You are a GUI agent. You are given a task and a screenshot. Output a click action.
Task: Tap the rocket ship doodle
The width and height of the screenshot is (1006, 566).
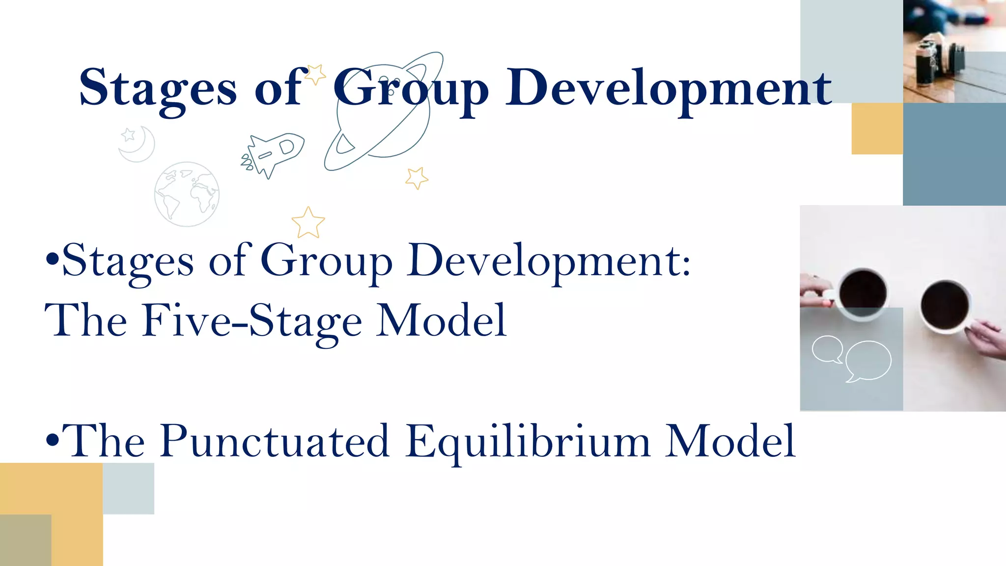(273, 152)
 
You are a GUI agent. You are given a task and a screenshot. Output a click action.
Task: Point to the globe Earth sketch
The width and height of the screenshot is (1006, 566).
(187, 194)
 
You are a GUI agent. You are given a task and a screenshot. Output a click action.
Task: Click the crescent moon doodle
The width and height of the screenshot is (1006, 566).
(138, 144)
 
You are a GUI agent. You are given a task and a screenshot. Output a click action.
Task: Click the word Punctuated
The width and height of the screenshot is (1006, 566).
(275, 441)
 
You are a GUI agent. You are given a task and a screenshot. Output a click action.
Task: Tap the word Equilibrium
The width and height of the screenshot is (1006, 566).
(528, 441)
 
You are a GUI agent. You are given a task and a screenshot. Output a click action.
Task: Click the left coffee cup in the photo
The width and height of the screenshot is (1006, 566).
(862, 294)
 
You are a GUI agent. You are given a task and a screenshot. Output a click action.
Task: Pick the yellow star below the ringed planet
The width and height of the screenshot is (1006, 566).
(417, 178)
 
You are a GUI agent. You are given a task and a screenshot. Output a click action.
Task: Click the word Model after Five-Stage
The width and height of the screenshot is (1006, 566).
(441, 320)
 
